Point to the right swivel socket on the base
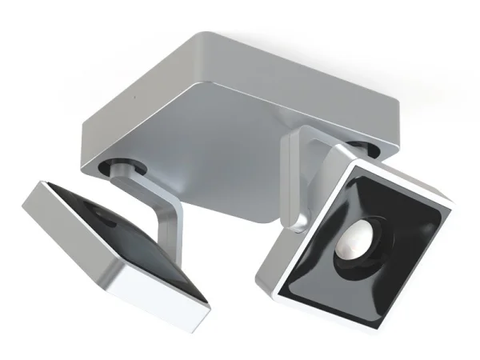tap(366, 147)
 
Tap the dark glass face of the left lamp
tap(120, 232)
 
